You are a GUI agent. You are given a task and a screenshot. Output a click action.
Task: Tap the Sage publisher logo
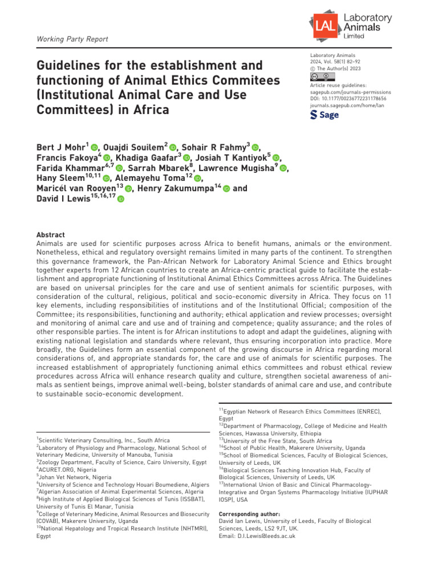[324, 115]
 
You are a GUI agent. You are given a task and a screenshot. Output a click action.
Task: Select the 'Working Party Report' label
[72, 39]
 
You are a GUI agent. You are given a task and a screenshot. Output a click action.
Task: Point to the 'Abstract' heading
[50, 235]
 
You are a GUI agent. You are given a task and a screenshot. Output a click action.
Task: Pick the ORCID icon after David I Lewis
[120, 199]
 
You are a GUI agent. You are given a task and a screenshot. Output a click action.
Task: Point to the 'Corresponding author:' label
[249, 514]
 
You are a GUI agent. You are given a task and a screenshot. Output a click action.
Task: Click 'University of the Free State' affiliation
[275, 441]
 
